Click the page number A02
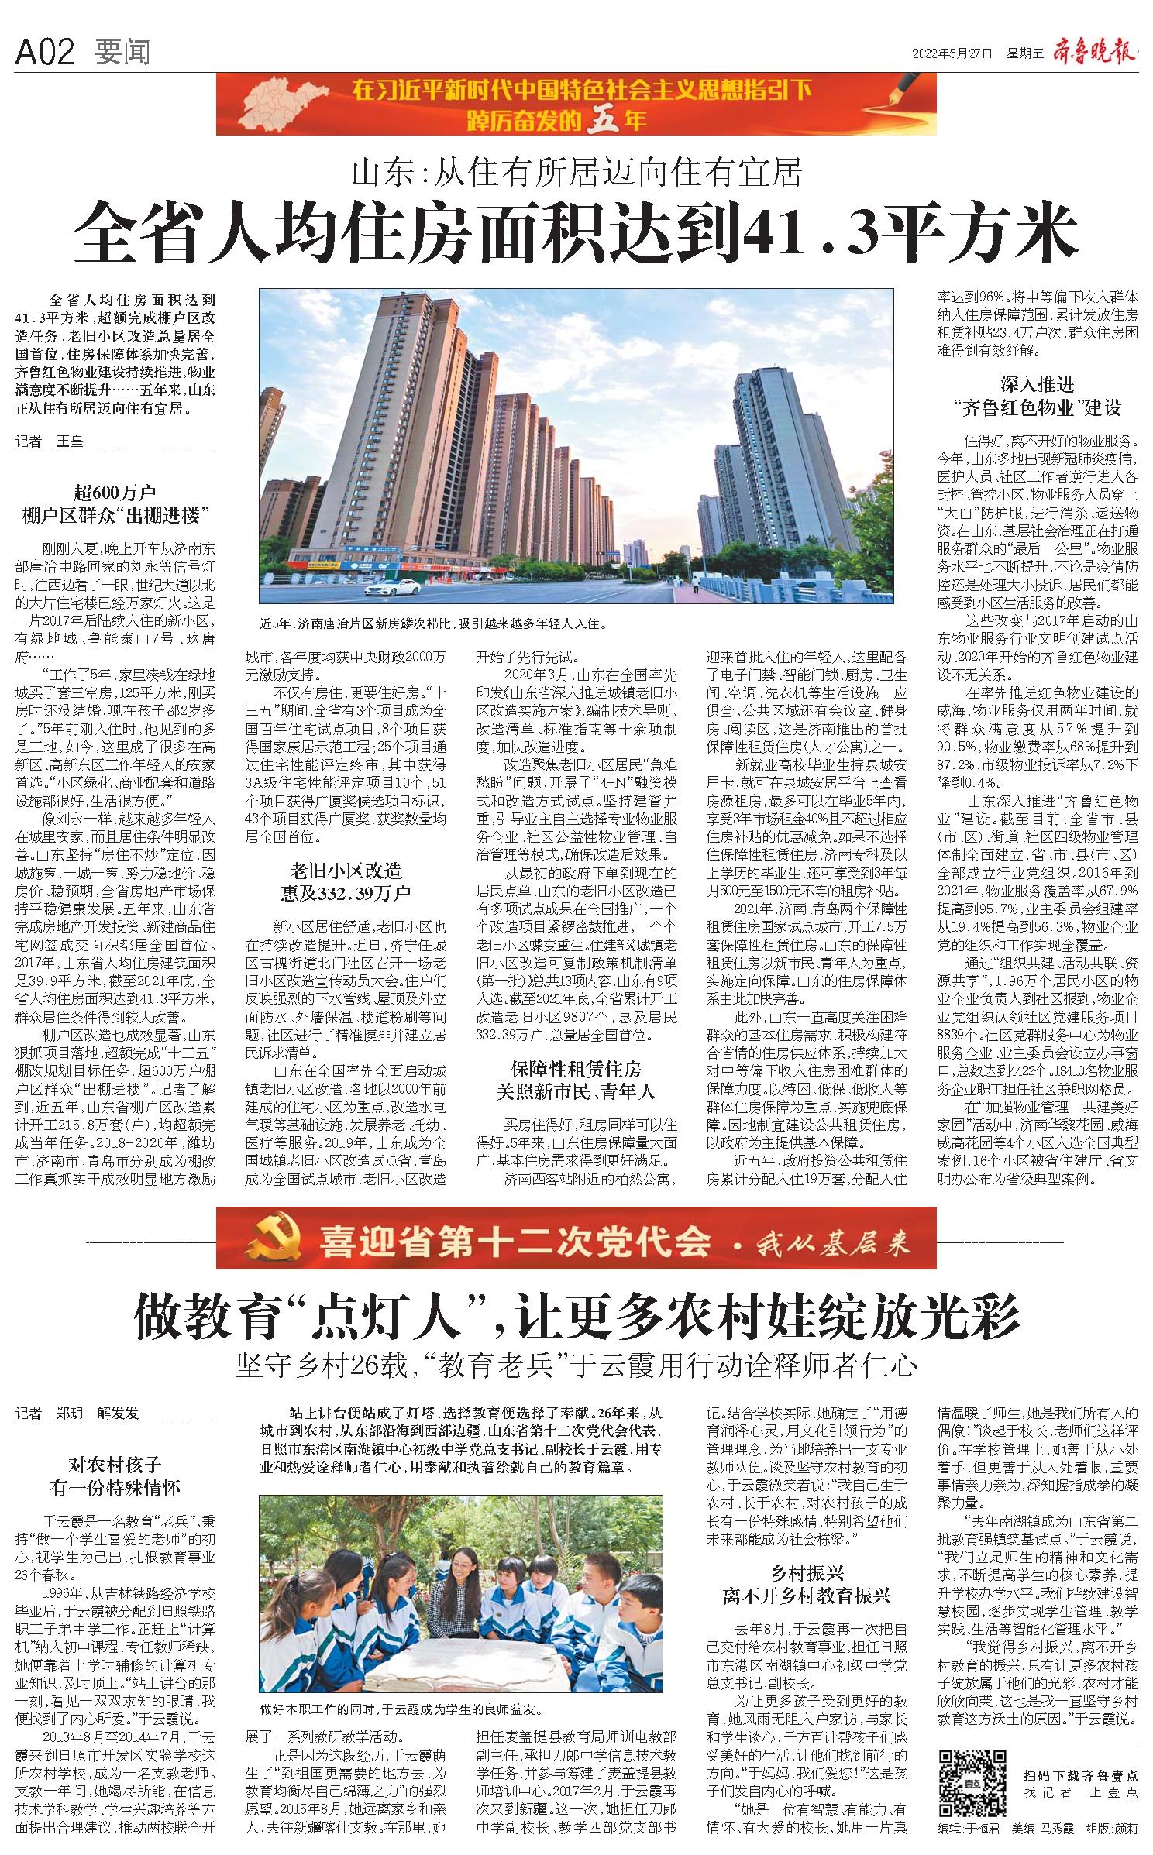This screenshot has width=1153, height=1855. [45, 52]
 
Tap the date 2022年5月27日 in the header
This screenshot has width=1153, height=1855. [952, 53]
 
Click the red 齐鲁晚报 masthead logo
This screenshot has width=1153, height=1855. [1094, 53]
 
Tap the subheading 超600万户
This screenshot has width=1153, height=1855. [115, 492]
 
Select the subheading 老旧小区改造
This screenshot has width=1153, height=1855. [346, 871]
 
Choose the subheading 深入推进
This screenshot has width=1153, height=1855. [1038, 383]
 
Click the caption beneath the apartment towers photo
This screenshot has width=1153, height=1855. [433, 623]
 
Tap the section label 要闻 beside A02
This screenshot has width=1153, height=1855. [122, 53]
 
